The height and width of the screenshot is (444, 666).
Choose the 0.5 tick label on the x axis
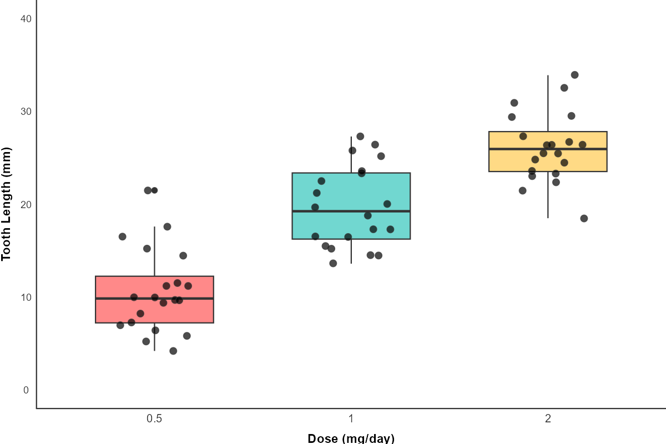click(x=154, y=419)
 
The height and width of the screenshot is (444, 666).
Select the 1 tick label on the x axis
click(x=351, y=419)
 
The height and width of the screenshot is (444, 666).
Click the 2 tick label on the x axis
click(x=548, y=419)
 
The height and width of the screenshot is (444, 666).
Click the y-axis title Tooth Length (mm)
click(x=7, y=204)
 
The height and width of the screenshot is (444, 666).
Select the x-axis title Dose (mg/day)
click(x=351, y=438)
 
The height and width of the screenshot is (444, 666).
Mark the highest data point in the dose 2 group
click(x=574, y=75)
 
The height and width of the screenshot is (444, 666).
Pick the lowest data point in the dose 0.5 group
click(x=173, y=351)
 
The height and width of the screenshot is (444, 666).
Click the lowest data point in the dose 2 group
click(x=584, y=218)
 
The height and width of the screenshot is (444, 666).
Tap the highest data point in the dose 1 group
click(x=360, y=137)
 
